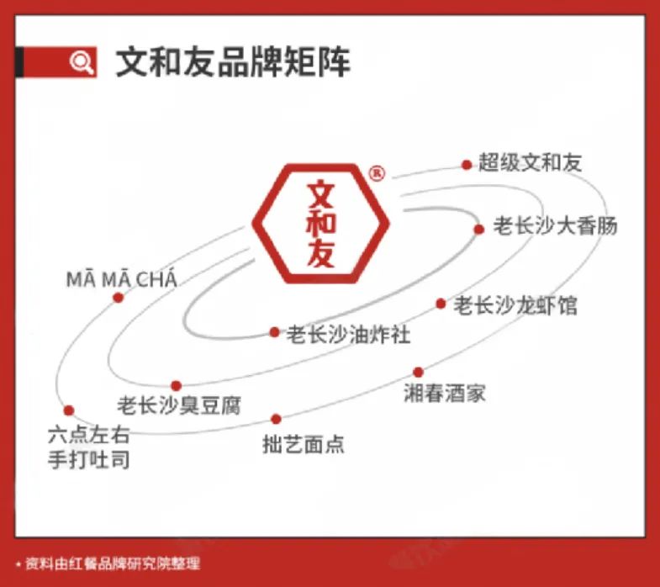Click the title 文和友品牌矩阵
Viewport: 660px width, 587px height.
(x=232, y=63)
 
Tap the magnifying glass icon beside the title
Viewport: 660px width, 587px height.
(x=82, y=62)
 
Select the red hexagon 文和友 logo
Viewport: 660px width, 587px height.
(x=321, y=223)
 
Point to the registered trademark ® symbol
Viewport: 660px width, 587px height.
(x=377, y=173)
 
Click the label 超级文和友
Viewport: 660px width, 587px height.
(x=530, y=162)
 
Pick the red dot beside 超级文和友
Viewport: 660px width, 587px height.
(x=467, y=165)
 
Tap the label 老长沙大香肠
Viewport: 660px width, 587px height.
(x=555, y=226)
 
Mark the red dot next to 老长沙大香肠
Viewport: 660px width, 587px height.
(x=478, y=229)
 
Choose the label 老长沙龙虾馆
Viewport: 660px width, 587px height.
(x=515, y=304)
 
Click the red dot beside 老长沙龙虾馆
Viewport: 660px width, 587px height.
(x=441, y=304)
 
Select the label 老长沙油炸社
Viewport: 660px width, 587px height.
(x=349, y=334)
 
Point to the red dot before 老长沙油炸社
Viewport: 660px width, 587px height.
(x=274, y=332)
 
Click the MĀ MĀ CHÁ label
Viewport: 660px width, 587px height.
(x=122, y=279)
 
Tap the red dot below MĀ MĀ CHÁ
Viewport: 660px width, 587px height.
(x=119, y=298)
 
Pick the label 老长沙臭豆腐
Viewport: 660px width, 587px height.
(x=179, y=405)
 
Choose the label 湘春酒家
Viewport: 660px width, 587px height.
(x=445, y=393)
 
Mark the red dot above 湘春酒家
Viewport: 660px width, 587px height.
(x=418, y=372)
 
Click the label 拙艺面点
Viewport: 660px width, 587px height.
(x=304, y=444)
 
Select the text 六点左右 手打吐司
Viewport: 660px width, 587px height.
(x=89, y=448)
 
